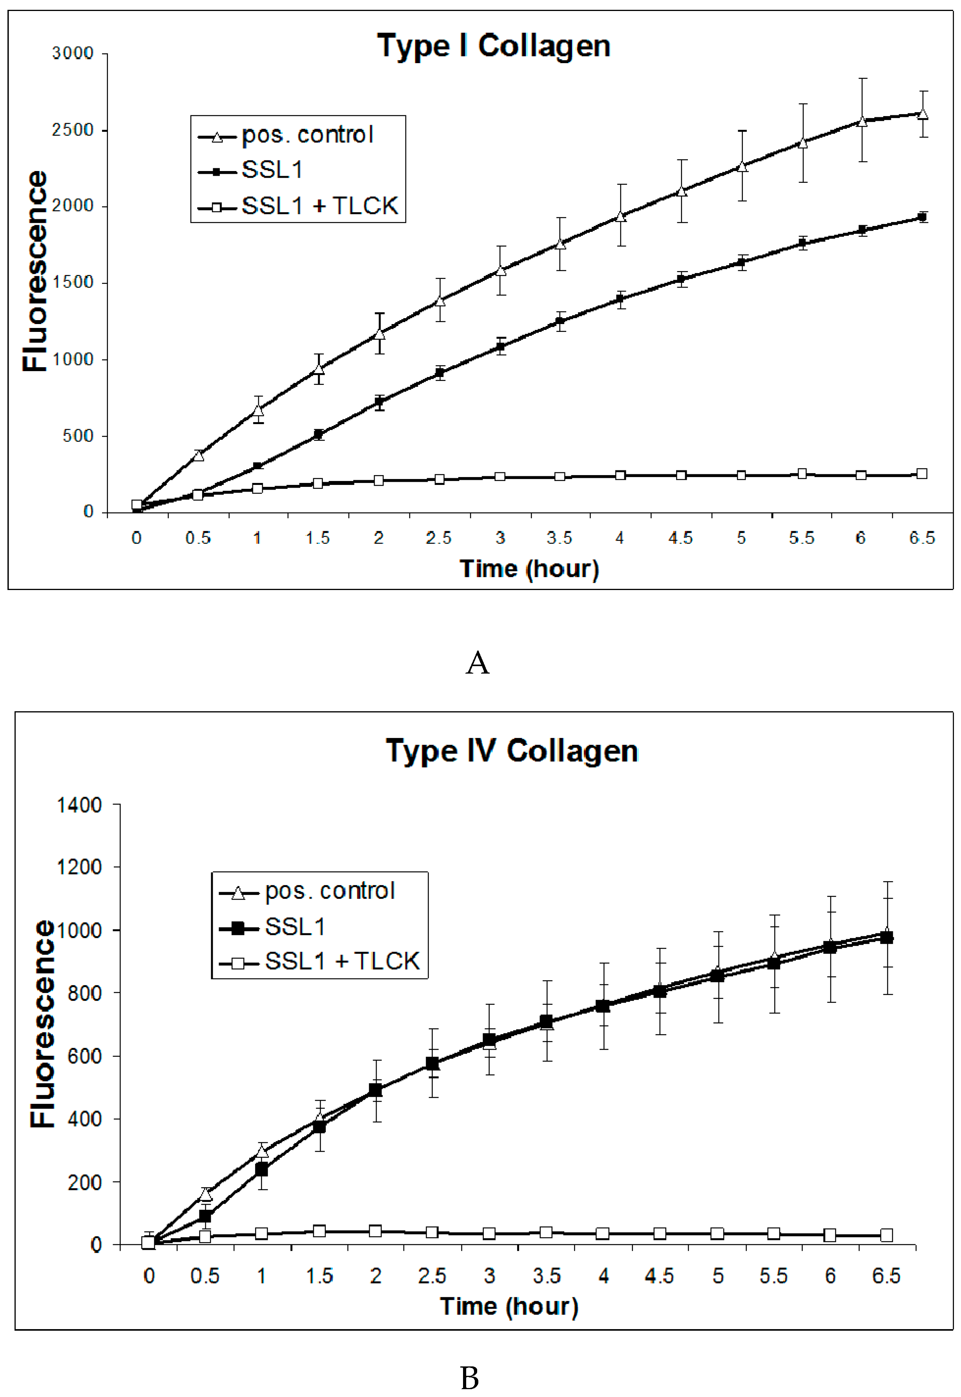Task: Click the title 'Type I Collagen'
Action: click(x=493, y=46)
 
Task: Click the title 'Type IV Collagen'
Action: click(x=511, y=751)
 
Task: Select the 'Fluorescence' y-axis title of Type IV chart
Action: click(x=43, y=1023)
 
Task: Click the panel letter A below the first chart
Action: click(x=478, y=663)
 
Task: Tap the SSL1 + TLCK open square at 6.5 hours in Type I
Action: click(x=922, y=474)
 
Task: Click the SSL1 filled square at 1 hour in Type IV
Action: click(x=261, y=1169)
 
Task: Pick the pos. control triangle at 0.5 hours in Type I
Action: click(x=198, y=455)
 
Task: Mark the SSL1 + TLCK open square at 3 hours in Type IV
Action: click(x=490, y=1233)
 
